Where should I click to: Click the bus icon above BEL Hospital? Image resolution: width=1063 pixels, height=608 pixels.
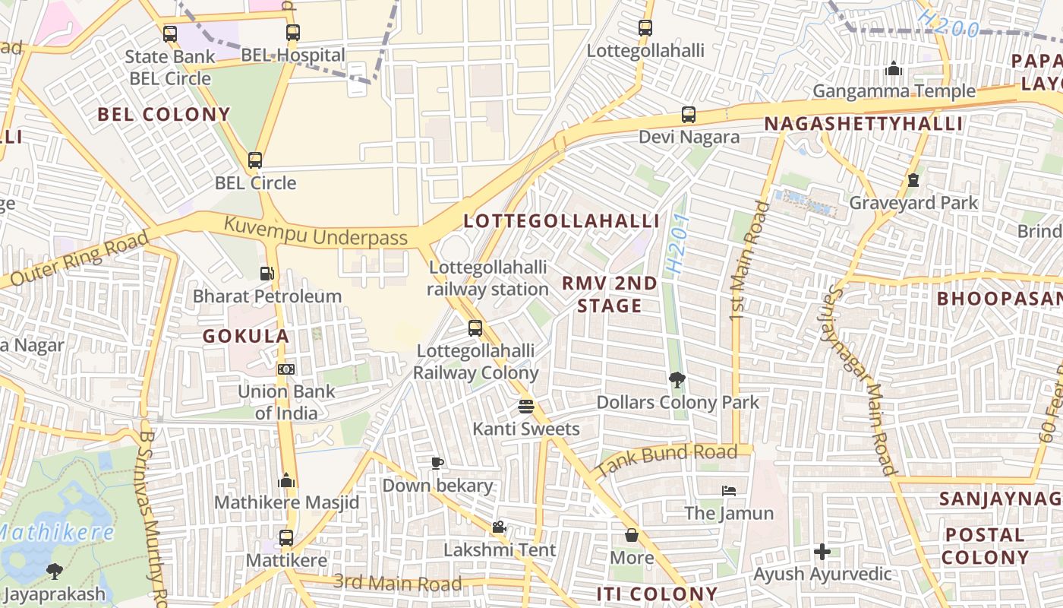pos(292,32)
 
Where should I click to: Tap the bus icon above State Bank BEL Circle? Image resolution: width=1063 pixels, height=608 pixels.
pos(169,33)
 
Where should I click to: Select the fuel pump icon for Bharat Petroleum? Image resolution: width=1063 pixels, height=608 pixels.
pos(267,274)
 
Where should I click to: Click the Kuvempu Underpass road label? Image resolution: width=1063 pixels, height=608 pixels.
pos(315,232)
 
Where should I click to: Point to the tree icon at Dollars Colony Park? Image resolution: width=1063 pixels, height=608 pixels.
pos(677,379)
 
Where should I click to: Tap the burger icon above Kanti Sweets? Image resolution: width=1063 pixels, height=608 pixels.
pos(525,406)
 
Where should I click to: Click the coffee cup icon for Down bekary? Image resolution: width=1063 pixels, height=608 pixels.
pos(437,462)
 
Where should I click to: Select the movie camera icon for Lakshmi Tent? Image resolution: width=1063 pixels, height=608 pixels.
pos(499,527)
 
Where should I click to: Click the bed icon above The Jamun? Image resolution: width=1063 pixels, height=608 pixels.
pos(729,490)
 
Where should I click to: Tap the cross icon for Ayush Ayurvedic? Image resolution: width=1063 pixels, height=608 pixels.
pos(822,551)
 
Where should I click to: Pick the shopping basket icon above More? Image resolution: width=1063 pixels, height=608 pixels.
pos(631,535)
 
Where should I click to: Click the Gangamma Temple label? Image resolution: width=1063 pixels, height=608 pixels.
pos(894,91)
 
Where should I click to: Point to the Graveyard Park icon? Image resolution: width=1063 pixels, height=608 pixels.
pos(913,180)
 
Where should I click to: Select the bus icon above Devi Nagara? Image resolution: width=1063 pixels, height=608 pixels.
pos(688,115)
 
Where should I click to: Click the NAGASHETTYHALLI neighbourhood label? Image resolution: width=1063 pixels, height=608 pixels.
pos(863,124)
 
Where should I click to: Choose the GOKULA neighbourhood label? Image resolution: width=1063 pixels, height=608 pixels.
pos(246,336)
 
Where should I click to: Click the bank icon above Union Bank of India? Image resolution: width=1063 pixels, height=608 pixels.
pos(285,369)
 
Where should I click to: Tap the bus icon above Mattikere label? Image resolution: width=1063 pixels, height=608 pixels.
pos(285,537)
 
